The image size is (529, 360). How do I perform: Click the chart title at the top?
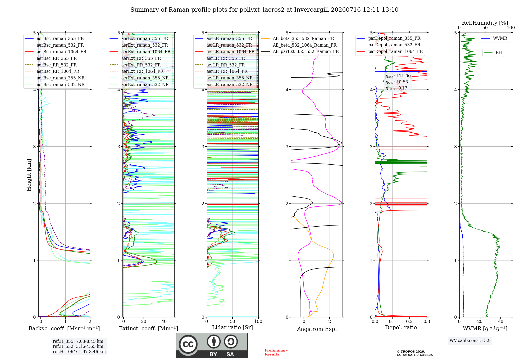tap(264, 10)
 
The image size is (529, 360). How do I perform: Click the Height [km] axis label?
tap(29, 175)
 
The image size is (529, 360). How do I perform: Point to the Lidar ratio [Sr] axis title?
tap(232, 327)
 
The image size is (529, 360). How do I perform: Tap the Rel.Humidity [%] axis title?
tap(485, 23)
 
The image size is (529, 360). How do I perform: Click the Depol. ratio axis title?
tap(401, 327)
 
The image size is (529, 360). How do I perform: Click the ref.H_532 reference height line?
tap(78, 346)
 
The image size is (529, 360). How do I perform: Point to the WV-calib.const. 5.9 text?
tap(470, 341)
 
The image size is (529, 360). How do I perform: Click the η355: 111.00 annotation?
tap(398, 76)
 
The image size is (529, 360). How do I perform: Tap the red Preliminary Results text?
tap(276, 352)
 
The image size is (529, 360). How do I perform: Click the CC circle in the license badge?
tap(188, 344)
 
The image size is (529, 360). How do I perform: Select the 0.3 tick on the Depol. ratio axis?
tap(427, 321)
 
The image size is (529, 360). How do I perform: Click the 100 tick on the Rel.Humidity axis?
tap(511, 28)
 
